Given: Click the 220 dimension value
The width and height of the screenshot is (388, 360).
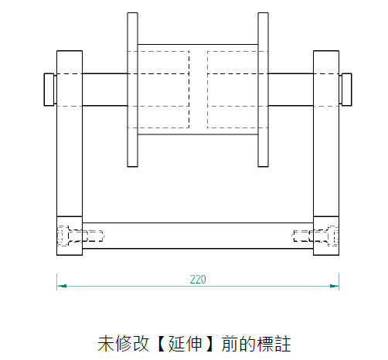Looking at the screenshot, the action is coord(198,280).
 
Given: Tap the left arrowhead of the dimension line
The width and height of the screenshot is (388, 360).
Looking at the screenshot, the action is coord(61,286).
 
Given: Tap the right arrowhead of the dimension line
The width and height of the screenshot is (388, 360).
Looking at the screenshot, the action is coord(335,286).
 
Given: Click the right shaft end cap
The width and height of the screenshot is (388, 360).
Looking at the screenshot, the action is coord(345,90).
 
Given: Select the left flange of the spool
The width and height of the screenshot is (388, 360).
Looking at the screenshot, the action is coord(132,90).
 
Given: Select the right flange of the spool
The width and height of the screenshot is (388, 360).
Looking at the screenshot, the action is coord(263,90).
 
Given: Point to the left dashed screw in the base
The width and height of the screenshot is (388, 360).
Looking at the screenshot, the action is coord(80,236).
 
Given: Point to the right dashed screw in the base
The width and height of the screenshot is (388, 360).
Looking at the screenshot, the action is coord(315,236).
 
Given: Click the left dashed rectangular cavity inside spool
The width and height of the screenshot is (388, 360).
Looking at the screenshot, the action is coord(163,90).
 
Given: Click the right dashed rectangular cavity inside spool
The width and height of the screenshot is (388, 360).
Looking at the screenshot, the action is coord(233,90).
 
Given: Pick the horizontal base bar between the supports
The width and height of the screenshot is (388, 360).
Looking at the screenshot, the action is coord(198,236).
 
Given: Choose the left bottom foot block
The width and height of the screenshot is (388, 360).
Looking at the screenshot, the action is coord(70,236).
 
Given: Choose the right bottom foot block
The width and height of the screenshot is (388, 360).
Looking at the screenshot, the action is coord(326,236).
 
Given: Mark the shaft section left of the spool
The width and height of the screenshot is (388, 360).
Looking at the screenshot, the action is coord(105,90).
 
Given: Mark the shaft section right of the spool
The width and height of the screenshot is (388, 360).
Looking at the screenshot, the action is coord(291,90).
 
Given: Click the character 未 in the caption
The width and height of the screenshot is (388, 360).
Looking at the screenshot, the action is coord(106,344).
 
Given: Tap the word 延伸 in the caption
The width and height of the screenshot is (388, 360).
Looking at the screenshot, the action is coord(185,344).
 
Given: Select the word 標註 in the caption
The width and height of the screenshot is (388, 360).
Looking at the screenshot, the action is coord(274,344).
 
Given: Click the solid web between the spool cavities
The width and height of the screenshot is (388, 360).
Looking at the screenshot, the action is coord(198,90).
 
